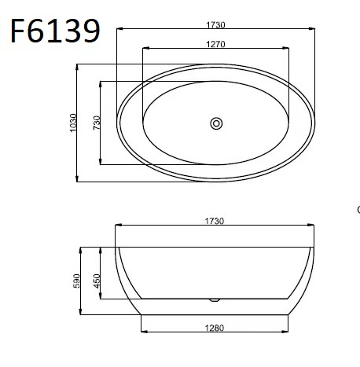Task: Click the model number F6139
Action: pos(55,31)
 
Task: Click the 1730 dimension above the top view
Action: pos(215,25)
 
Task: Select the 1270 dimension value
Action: pos(215,44)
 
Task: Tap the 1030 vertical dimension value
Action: pos(74,123)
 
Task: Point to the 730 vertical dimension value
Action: pos(97,123)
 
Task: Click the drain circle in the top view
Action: pos(216,123)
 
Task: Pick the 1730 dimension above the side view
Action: pos(215,221)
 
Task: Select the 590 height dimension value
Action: pos(76,281)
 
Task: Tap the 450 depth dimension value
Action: pos(97,281)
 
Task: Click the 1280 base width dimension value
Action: pos(215,328)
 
